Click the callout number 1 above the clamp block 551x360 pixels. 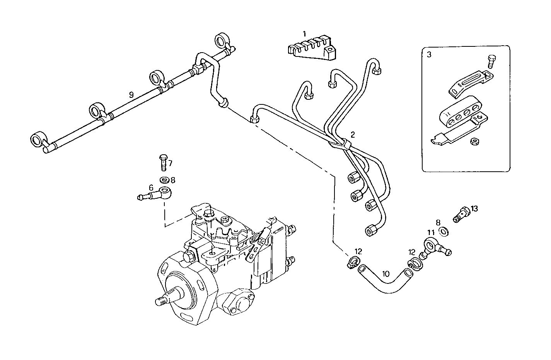click(304, 34)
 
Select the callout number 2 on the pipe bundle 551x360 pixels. click(352, 135)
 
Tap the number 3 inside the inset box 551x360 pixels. click(429, 55)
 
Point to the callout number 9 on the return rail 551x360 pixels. click(131, 94)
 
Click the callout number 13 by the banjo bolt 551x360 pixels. click(474, 209)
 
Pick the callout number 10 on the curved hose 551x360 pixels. click(386, 274)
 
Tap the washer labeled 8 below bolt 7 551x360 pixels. click(164, 179)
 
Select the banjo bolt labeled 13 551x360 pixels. click(462, 213)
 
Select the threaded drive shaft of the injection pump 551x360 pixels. click(165, 300)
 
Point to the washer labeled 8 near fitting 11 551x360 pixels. click(444, 231)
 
